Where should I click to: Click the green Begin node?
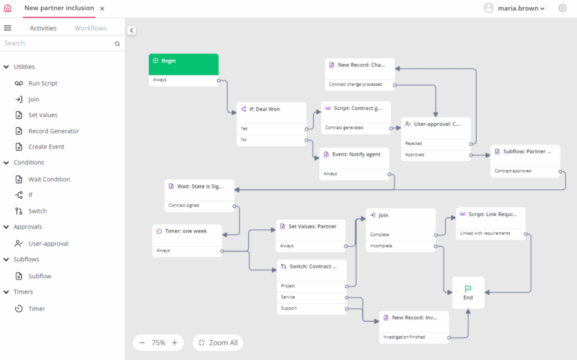tap(183, 64)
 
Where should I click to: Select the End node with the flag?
tap(468, 292)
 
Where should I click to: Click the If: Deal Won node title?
tap(265, 109)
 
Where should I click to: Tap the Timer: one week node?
tap(187, 241)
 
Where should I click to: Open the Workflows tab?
tap(91, 28)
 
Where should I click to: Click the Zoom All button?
tap(218, 343)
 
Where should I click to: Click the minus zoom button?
tap(142, 343)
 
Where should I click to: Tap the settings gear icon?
tap(562, 8)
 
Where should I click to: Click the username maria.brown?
tap(518, 8)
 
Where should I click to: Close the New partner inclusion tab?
tap(103, 8)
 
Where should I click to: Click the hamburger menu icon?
tap(8, 28)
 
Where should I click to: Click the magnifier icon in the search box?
tap(117, 44)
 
